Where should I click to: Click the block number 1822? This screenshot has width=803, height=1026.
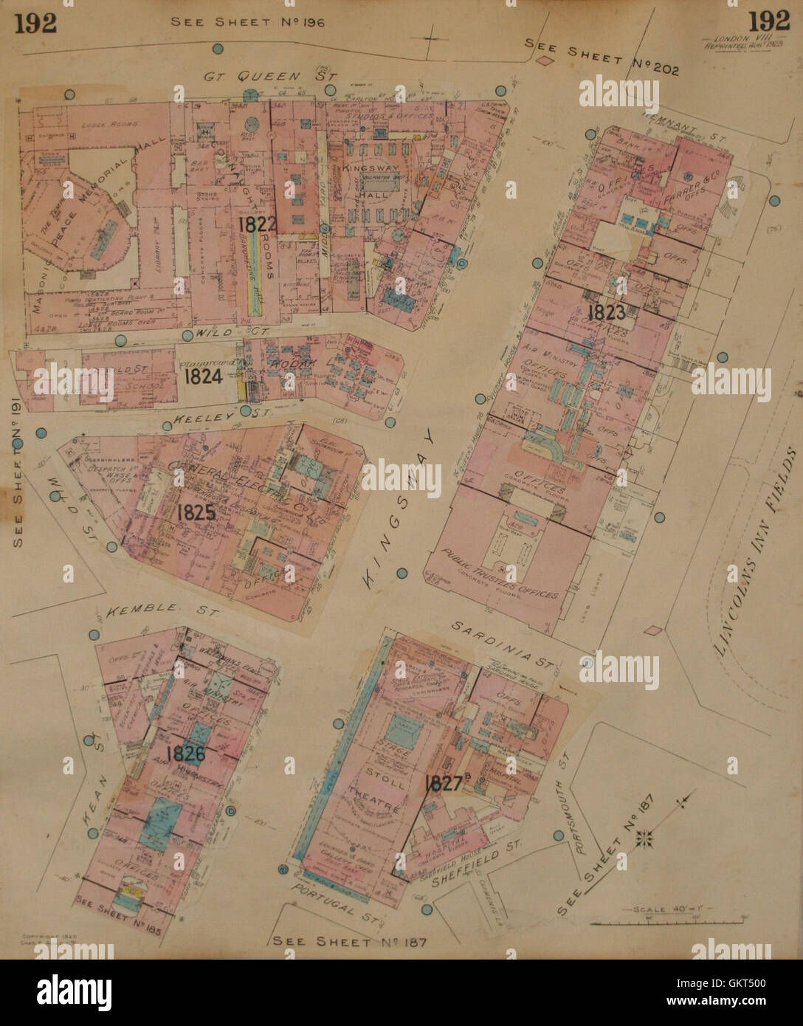[257, 225]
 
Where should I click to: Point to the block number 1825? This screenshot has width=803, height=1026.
[196, 512]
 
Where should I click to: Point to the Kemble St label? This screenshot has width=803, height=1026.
[152, 610]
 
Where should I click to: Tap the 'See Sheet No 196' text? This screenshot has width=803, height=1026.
[247, 21]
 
